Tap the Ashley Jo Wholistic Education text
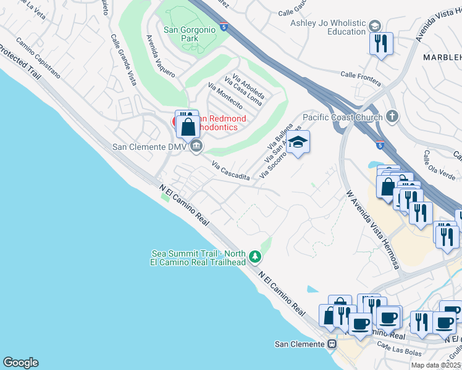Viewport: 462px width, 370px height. (328, 27)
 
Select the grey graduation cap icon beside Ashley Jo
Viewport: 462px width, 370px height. (375, 26)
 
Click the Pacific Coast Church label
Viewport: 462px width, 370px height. (342, 117)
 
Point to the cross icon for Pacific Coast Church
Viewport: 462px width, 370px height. (392, 116)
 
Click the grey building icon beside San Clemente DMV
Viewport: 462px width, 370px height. (196, 146)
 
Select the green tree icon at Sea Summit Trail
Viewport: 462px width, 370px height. (254, 256)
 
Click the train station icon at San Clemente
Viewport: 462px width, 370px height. (332, 343)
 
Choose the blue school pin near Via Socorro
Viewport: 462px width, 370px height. (298, 142)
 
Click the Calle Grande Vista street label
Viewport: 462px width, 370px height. (124, 59)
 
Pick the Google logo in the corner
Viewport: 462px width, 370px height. (20, 363)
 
